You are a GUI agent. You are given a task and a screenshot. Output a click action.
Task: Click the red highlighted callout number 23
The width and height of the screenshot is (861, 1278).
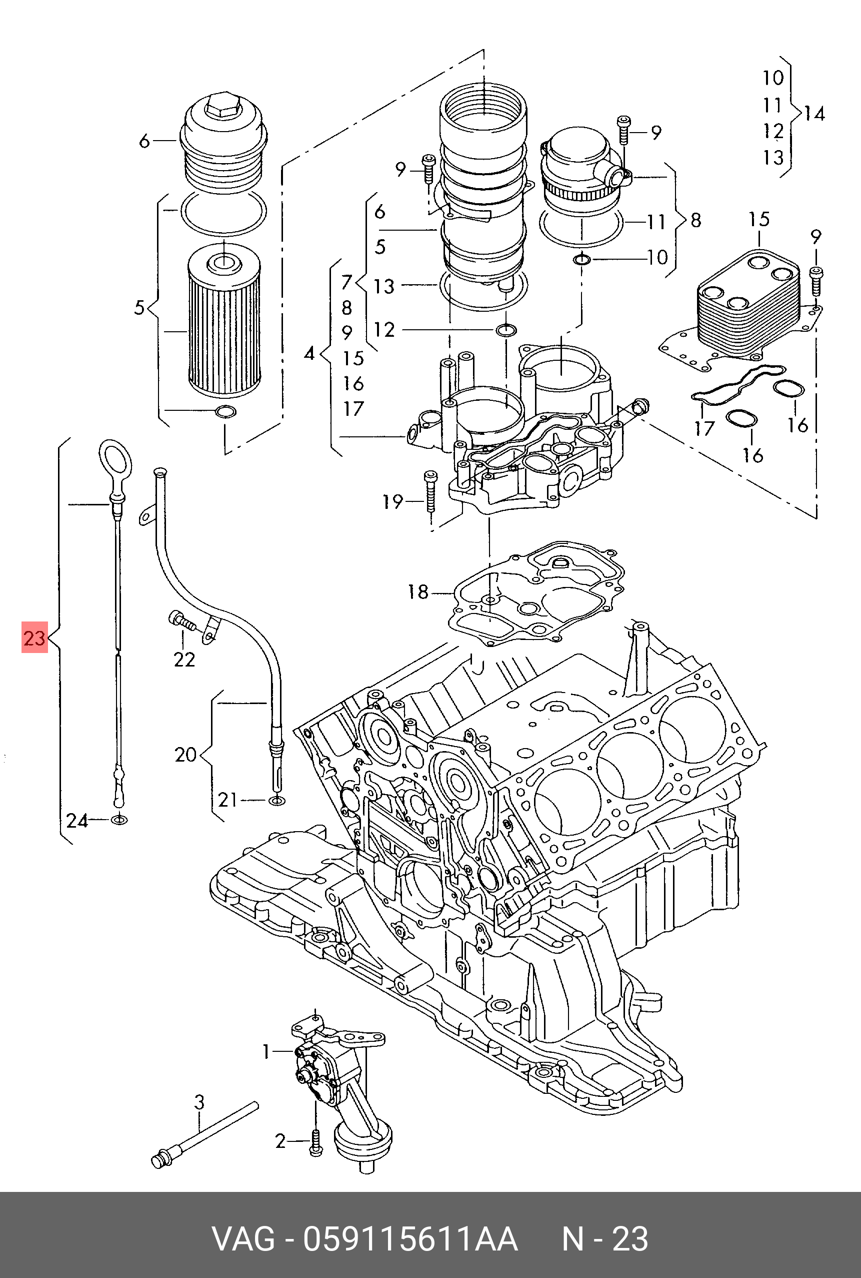coord(34,637)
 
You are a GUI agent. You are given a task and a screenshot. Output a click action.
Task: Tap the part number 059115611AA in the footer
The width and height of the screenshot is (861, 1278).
coord(410,1239)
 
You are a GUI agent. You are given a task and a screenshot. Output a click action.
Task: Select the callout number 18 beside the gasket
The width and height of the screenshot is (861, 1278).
coord(418,592)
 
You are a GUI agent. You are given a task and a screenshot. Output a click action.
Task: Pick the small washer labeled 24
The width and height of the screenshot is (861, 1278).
coord(118,820)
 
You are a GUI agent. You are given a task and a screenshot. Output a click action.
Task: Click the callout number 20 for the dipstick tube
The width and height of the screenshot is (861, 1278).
coord(185,755)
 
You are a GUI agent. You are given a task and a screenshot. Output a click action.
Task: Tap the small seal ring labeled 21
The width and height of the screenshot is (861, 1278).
coord(278,800)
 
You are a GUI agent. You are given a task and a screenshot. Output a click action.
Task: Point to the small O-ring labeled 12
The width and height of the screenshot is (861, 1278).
coord(505,330)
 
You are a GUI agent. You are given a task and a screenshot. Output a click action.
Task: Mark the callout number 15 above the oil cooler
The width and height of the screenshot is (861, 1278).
coord(759,220)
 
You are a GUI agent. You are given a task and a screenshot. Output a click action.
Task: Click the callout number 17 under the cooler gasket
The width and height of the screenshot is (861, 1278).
coord(704,428)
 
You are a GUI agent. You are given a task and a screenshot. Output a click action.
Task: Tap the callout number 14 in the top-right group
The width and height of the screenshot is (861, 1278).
coord(814,114)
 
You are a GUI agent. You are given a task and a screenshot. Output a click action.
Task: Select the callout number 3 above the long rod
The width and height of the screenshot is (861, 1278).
coord(199,1102)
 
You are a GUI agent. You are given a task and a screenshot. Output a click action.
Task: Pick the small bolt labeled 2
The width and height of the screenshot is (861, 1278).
coord(315,1142)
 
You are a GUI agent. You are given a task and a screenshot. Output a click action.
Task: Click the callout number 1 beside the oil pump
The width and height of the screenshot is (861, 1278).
coord(266,1052)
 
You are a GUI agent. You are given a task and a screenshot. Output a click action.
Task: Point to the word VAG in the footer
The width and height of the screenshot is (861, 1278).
coord(244,1239)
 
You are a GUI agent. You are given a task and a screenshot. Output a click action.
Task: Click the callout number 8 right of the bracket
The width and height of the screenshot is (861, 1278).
coord(696,220)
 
